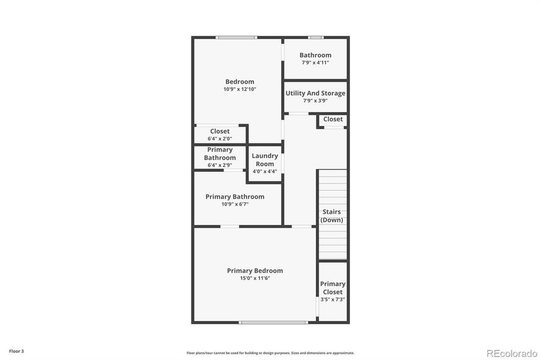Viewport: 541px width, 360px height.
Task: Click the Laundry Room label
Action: [x=265, y=160]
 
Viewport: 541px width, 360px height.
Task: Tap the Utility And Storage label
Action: [x=315, y=93]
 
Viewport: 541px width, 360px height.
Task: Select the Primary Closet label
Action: [x=333, y=288]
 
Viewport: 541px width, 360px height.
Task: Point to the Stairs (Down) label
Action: [x=331, y=216]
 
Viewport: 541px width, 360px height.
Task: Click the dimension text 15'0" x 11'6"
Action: [x=255, y=278]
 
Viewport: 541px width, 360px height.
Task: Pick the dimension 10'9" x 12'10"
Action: [x=240, y=89]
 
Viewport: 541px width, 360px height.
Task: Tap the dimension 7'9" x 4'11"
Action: [x=315, y=62]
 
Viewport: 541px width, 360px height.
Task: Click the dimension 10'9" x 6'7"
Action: [x=235, y=204]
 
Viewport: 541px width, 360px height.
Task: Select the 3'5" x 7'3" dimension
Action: [x=333, y=299]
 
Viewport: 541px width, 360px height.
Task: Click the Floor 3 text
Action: [x=16, y=351]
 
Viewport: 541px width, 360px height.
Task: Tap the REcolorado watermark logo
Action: [x=512, y=353]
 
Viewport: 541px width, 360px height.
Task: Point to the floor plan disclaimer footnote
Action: [x=270, y=353]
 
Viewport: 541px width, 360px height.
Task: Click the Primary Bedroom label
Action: [x=255, y=271]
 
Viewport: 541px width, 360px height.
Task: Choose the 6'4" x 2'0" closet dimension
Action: [x=220, y=139]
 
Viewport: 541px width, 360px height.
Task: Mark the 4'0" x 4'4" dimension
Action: [x=265, y=172]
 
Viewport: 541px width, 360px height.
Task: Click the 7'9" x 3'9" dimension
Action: [x=315, y=101]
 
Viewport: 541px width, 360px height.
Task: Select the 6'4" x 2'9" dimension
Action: [x=220, y=165]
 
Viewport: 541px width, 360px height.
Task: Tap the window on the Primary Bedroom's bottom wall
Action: [x=273, y=322]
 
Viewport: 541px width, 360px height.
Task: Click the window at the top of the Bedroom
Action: [x=237, y=38]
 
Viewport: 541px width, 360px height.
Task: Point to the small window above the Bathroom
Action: [x=315, y=38]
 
